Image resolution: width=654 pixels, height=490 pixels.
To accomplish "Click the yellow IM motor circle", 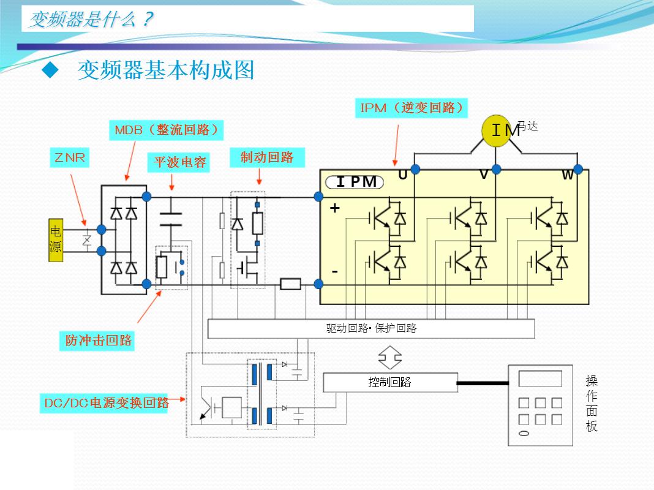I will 496,130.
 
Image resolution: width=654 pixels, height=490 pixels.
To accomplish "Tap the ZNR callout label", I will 69,158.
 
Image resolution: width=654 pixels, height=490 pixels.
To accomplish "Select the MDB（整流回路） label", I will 166,130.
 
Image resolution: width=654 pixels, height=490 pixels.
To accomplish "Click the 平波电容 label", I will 180,162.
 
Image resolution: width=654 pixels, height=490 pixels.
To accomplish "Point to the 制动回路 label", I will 267,157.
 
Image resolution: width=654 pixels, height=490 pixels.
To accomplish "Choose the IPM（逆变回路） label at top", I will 412,108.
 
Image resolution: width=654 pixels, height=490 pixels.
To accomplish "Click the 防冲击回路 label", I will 99,341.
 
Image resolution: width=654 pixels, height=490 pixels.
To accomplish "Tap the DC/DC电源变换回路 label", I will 107,402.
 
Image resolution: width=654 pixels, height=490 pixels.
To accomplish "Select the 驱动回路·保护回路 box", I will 371,328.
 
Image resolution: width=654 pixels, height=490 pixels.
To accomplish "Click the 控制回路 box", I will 389,382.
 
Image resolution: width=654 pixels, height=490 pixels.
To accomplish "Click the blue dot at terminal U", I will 415,169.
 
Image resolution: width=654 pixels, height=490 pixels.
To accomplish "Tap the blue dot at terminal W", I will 577,169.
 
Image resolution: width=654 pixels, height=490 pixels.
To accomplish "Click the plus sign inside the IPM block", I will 334,208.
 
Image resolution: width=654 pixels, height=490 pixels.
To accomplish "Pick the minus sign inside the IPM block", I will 334,271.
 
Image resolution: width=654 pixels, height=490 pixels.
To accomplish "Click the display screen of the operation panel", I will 539,379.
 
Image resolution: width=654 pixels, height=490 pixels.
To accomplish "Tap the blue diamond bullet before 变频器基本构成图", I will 50,70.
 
